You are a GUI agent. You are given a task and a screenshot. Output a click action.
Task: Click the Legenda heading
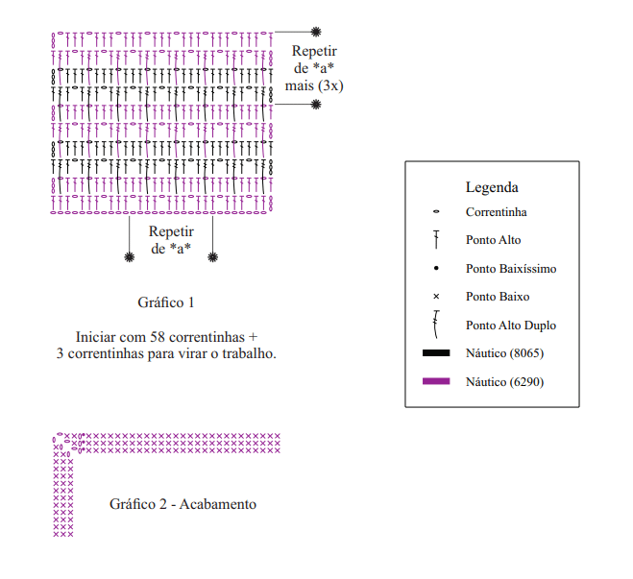pos(492,187)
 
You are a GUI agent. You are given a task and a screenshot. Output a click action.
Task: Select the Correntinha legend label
pos(496,212)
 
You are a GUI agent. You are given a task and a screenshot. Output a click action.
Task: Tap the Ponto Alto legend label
pos(493,240)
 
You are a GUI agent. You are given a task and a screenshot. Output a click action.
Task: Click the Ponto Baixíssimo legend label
pos(511,269)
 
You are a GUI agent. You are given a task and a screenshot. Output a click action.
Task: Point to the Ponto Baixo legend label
pos(498,297)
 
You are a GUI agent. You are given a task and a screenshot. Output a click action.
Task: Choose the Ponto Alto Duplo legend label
pos(510,326)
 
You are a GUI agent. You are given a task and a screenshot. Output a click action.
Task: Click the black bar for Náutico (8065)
pos(436,353)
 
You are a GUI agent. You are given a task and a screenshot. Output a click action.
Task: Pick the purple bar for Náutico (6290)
pos(436,381)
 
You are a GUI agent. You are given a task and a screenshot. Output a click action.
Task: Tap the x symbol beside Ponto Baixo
pos(436,297)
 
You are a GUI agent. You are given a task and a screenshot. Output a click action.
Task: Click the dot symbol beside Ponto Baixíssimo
pos(436,269)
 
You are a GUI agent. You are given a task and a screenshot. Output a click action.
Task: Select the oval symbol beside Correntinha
pos(436,212)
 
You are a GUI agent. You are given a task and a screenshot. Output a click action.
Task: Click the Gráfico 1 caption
pos(166,302)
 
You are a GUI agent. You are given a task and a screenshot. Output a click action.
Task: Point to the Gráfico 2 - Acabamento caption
pos(183,504)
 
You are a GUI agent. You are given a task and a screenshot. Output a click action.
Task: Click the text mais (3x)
pos(314,86)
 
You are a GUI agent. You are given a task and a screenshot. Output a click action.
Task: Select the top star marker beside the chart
pos(316,34)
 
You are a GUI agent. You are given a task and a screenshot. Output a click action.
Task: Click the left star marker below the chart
pos(130,256)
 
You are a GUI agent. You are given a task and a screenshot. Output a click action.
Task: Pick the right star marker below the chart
pos(212,256)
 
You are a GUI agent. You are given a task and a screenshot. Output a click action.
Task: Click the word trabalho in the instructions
pos(247,354)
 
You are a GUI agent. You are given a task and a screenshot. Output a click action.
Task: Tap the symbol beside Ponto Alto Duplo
pos(436,325)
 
